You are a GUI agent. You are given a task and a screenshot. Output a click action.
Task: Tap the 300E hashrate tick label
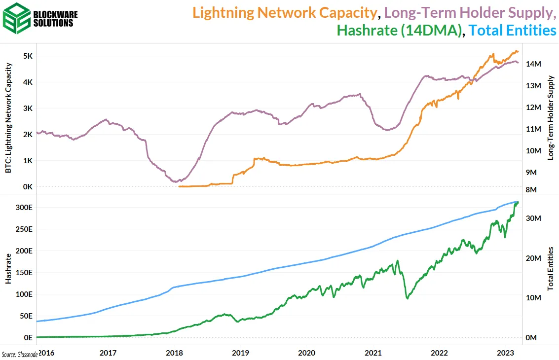click(24, 207)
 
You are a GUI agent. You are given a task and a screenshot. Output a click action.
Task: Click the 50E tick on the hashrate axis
click(25, 316)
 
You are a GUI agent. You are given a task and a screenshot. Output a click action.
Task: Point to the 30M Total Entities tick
click(534, 218)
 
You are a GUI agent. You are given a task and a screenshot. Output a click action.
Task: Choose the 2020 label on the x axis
click(306, 353)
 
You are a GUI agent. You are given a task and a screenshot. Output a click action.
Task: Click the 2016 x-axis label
click(46, 353)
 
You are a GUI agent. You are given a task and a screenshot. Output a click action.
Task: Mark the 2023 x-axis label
click(506, 353)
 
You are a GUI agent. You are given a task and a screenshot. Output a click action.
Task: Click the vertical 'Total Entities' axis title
click(551, 268)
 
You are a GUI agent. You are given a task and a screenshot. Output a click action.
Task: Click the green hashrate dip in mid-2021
click(407, 298)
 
